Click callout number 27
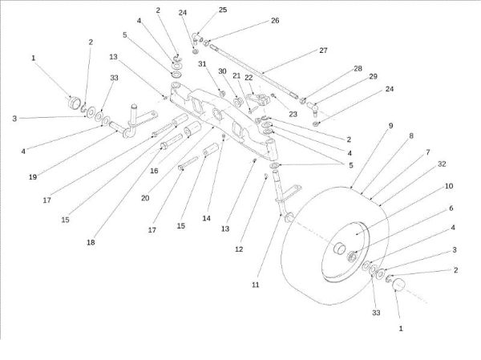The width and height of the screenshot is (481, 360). (323, 50)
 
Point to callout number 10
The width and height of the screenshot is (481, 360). (449, 185)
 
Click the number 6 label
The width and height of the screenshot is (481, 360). (450, 208)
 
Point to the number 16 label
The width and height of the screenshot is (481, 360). (154, 170)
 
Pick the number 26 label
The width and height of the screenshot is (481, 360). (275, 20)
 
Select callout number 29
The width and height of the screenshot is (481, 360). (373, 76)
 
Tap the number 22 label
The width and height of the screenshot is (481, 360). (249, 77)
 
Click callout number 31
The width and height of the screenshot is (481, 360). (203, 64)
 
